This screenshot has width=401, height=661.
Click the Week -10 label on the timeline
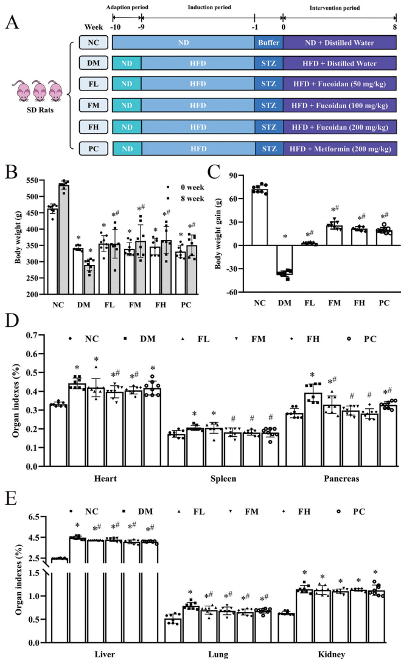[x=113, y=27]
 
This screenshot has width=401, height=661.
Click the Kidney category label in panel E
[x=357, y=655]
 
